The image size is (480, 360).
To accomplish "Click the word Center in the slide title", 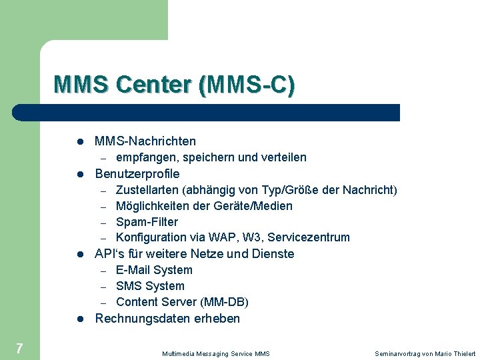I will [x=153, y=85].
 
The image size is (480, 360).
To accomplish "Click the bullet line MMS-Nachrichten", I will [x=145, y=141].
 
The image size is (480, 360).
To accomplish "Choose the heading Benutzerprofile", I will [x=137, y=174].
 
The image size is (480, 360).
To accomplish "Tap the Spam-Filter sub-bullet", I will [x=147, y=221].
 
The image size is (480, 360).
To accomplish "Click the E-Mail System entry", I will [x=154, y=270].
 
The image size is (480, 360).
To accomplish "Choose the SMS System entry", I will [x=150, y=286].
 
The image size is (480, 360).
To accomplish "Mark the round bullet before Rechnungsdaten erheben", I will [x=79, y=319].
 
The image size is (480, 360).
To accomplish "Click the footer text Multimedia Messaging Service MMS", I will [x=216, y=353].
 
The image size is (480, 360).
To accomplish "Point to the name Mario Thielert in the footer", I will [x=457, y=353].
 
